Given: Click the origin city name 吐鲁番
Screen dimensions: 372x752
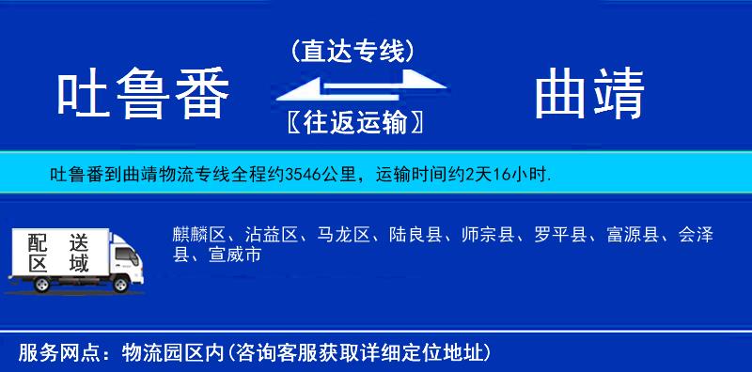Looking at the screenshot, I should pos(143,96).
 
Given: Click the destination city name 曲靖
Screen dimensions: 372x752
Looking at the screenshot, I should pos(589,96).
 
